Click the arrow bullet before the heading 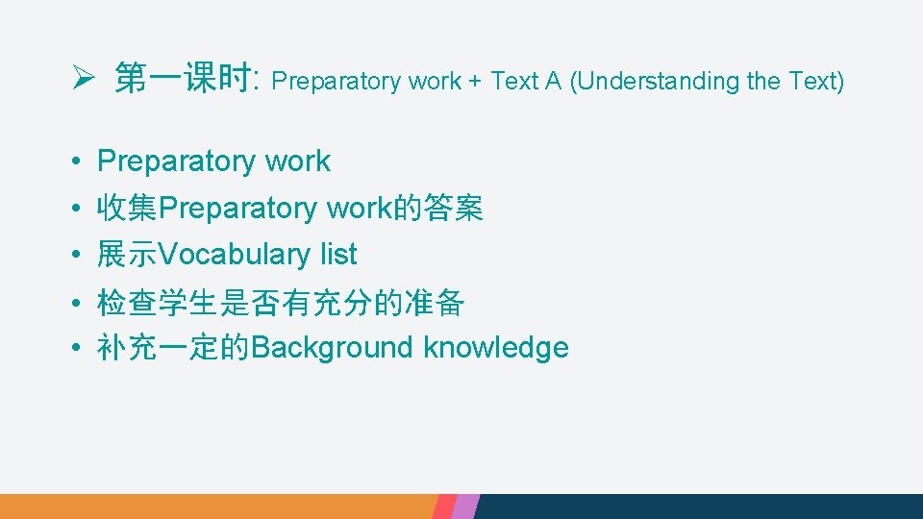coord(80,80)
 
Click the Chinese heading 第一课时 coord(183,80)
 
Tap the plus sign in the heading coord(475,82)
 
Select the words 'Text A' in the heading coord(526,82)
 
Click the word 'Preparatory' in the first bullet coord(179,162)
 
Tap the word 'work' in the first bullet coord(297,162)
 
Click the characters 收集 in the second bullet coord(127,209)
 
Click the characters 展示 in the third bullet coord(127,255)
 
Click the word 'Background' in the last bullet coord(332,348)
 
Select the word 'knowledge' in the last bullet coord(496,348)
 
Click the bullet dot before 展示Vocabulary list coord(74,256)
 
